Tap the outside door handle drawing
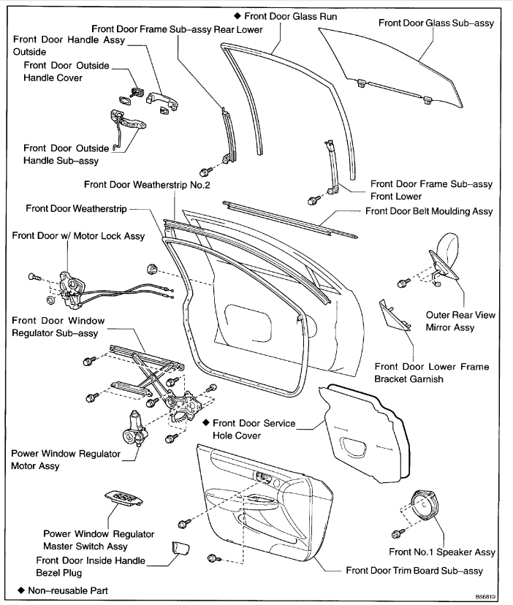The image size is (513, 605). click(161, 100)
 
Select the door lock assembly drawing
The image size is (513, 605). click(72, 287)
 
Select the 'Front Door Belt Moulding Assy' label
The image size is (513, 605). click(429, 211)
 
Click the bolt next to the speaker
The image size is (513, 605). click(398, 533)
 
